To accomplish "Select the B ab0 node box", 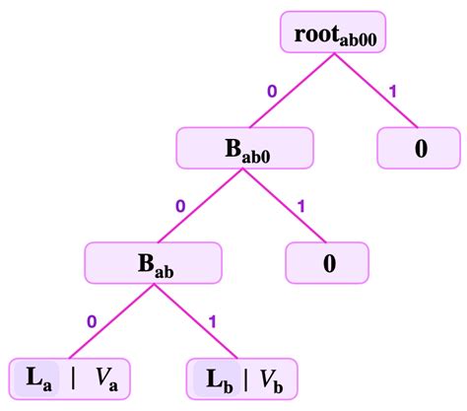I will pos(245,150).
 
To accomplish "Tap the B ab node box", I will pos(150,263).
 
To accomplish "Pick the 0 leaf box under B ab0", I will pos(328,263).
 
